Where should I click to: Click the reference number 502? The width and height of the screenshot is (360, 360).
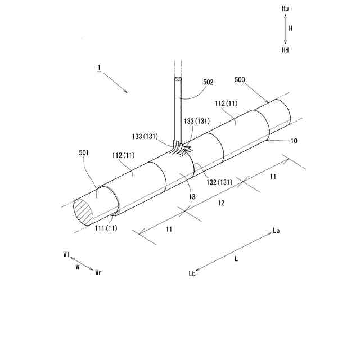click(x=208, y=82)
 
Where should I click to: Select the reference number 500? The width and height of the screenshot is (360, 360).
click(x=240, y=80)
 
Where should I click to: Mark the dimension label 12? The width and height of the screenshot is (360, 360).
click(x=221, y=202)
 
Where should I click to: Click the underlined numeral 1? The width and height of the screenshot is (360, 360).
click(x=99, y=69)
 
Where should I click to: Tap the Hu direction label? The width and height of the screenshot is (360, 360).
click(x=286, y=10)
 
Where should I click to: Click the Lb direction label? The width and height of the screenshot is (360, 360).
click(x=192, y=274)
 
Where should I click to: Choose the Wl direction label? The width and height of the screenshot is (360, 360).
click(x=66, y=255)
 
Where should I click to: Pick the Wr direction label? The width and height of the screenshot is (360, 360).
click(x=98, y=272)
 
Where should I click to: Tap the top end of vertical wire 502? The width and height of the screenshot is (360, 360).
click(x=178, y=79)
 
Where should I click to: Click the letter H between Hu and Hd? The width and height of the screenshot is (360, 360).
click(x=291, y=28)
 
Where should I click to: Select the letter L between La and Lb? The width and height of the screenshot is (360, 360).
click(x=236, y=259)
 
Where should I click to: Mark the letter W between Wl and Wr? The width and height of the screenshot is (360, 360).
click(x=77, y=268)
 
